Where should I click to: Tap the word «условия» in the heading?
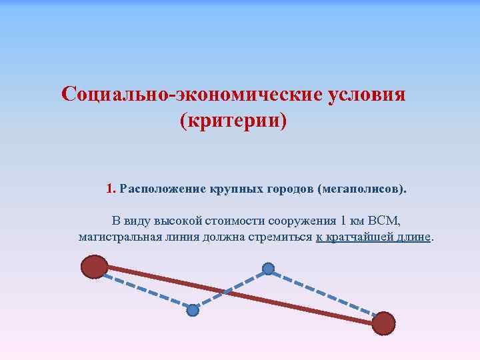pyautogui.click(x=367, y=94)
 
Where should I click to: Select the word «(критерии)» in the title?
pyautogui.click(x=233, y=121)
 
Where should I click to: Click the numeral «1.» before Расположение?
pyautogui.click(x=111, y=189)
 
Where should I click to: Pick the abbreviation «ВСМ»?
pyautogui.click(x=384, y=221)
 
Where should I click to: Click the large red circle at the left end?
pyautogui.click(x=94, y=267)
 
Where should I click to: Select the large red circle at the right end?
pyautogui.click(x=383, y=323)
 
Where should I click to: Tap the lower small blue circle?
pyautogui.click(x=193, y=310)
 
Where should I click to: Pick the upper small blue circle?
pyautogui.click(x=268, y=269)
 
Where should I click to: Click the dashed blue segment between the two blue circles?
pyautogui.click(x=230, y=289)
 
